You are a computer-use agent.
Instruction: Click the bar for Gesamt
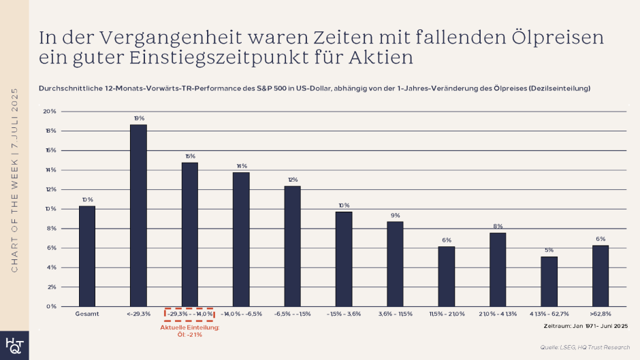(87, 256)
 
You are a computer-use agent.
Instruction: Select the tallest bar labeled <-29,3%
(138, 215)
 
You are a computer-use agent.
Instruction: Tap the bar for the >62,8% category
(601, 276)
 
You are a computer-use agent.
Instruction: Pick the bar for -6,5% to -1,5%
(292, 246)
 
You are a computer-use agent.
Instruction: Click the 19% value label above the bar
(138, 118)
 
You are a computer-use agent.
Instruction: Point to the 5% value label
(549, 250)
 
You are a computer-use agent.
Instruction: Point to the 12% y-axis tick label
(52, 189)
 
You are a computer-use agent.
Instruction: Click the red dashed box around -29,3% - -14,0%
(189, 314)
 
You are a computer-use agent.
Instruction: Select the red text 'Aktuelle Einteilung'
(189, 328)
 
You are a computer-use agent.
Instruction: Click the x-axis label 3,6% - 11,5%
(395, 314)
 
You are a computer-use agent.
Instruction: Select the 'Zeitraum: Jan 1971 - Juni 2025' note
(586, 327)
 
